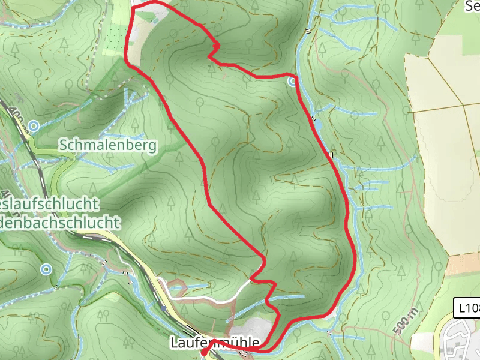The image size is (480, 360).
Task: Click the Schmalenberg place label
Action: tap(107, 145)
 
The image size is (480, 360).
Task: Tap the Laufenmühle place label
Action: tap(215, 343)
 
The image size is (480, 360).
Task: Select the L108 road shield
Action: tap(467, 308)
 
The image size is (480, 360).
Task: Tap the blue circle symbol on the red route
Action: tap(292, 80)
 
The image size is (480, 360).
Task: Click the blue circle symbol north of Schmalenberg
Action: tap(34, 126)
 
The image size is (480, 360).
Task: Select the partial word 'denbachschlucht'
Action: tap(60, 223)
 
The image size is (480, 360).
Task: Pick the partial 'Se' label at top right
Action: tap(472, 6)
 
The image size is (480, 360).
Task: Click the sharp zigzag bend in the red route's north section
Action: tap(214, 48)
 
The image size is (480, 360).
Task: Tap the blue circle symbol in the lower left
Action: tap(46, 269)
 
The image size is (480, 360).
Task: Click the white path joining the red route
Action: tap(210, 297)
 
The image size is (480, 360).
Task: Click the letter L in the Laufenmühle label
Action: tap(174, 343)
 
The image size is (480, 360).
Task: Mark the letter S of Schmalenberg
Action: tap(62, 145)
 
